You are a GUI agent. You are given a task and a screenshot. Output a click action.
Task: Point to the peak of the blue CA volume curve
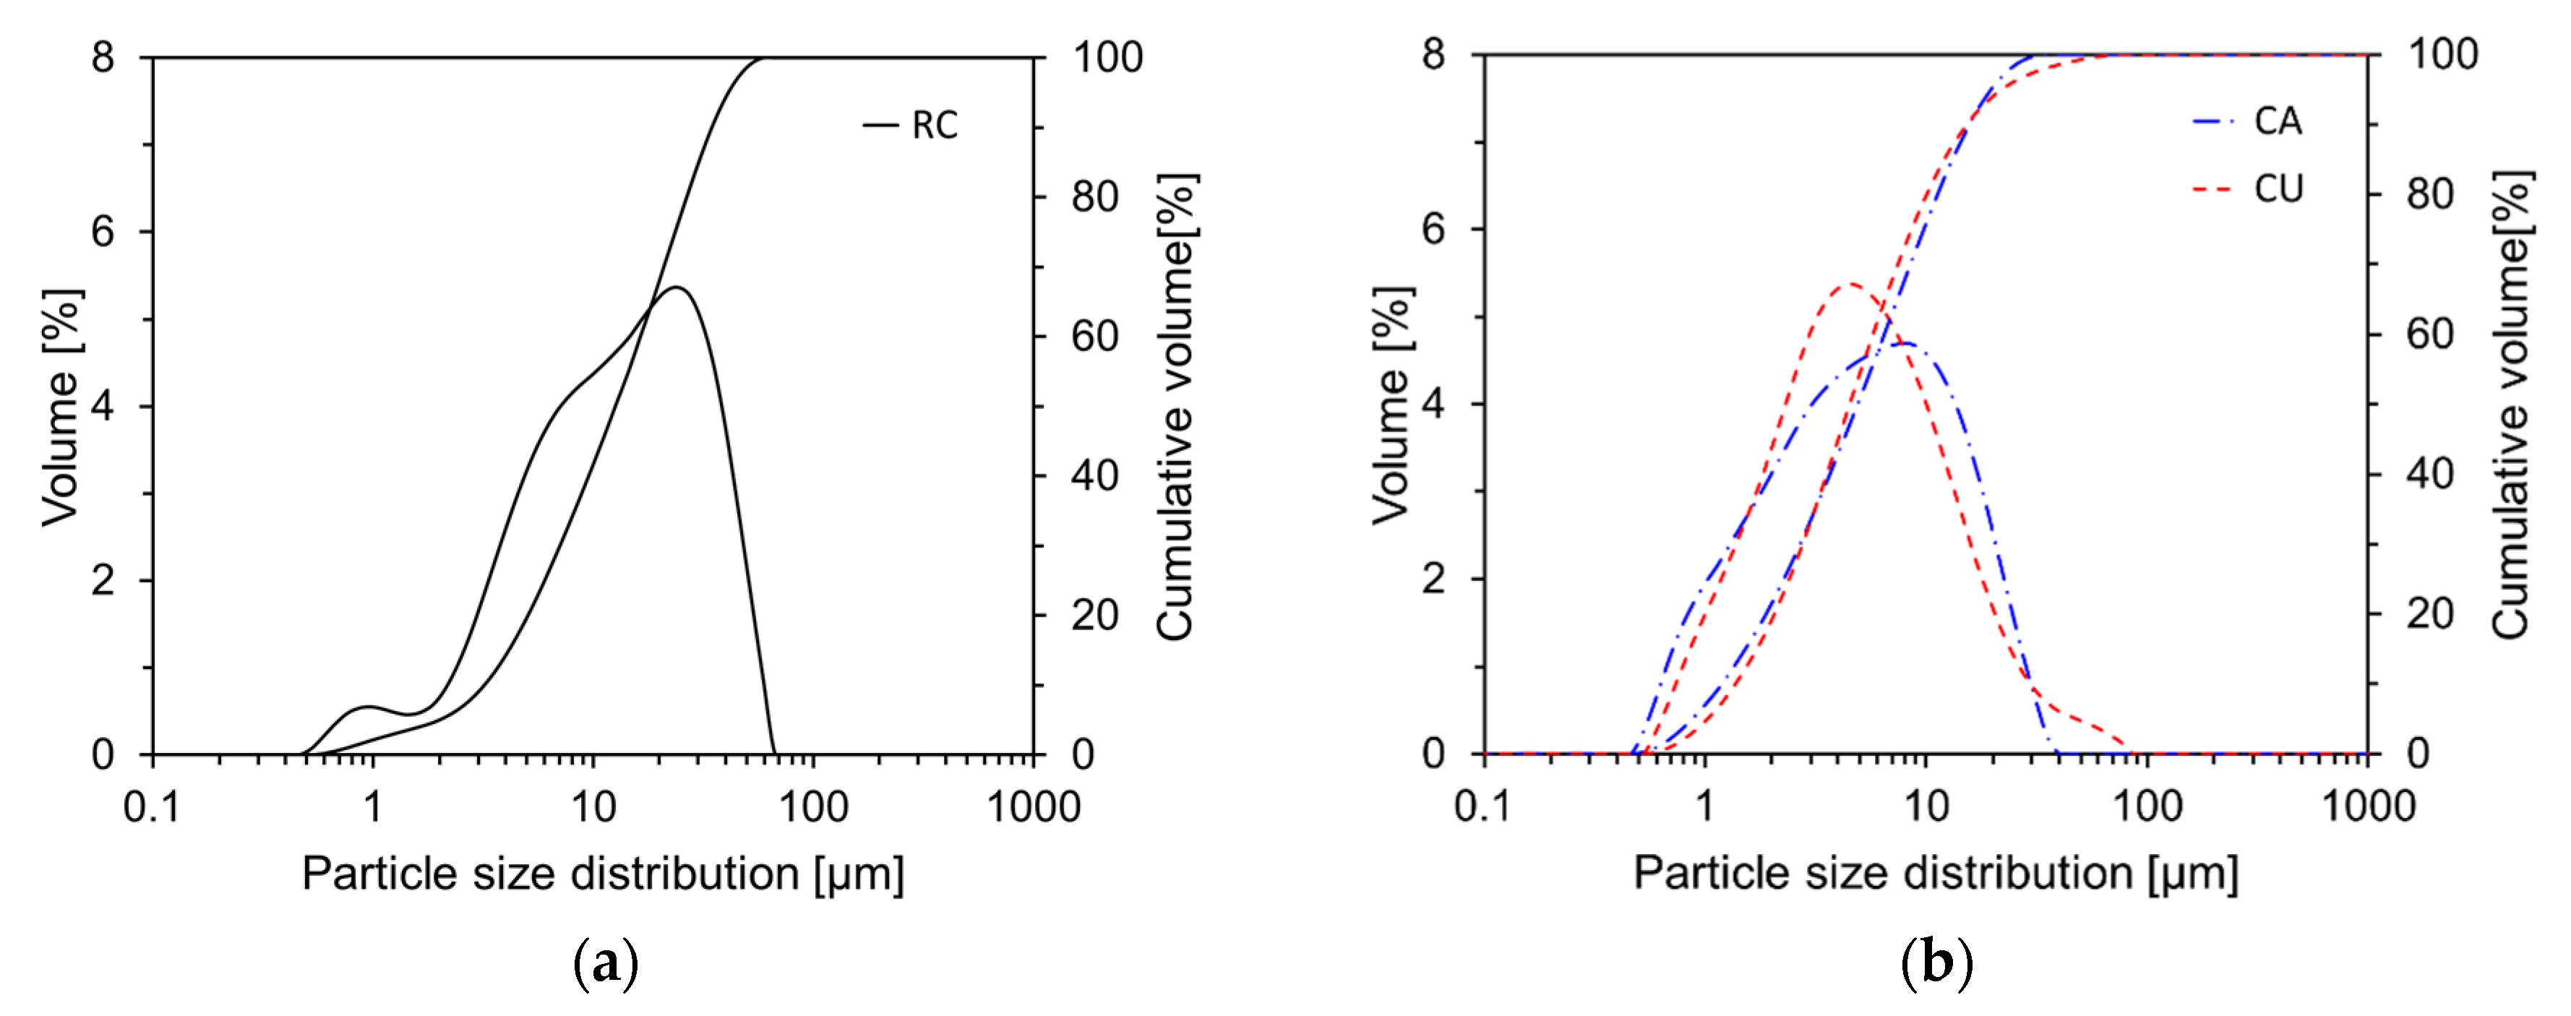(1905, 343)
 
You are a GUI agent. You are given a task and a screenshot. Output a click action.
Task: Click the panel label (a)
(606, 964)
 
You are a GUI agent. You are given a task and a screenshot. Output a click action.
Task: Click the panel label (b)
(1937, 964)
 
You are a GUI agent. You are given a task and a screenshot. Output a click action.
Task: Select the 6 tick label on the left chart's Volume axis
(103, 231)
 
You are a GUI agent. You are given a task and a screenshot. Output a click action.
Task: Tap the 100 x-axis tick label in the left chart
(813, 806)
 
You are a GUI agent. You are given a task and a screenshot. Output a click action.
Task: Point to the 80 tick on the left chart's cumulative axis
(1095, 197)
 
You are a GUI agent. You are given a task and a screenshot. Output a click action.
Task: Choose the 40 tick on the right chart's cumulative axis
(2429, 473)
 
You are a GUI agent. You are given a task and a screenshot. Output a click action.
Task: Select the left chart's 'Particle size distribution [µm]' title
(603, 874)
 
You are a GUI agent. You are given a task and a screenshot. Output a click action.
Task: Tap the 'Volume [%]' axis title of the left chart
(62, 408)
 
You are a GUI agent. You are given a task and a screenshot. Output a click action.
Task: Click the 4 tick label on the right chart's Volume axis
(1433, 404)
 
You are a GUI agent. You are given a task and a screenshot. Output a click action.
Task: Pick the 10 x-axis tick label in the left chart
(593, 806)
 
